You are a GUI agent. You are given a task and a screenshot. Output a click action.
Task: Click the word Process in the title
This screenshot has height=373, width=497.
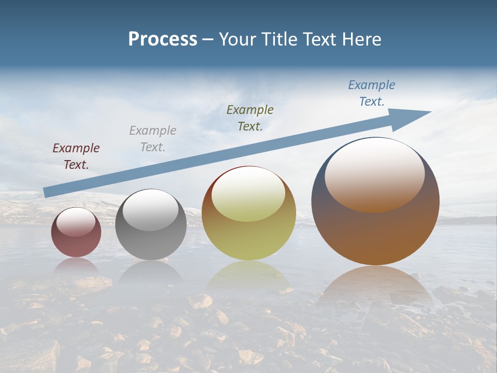pyautogui.click(x=163, y=39)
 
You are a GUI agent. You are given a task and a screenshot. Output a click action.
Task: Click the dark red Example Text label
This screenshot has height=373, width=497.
pyautogui.click(x=76, y=156)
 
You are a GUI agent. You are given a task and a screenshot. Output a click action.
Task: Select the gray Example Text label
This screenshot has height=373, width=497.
pyautogui.click(x=153, y=138)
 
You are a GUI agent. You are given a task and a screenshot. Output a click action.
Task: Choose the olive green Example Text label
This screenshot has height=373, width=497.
pyautogui.click(x=250, y=118)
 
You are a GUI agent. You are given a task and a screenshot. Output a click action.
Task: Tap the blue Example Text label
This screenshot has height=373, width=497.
pyautogui.click(x=372, y=93)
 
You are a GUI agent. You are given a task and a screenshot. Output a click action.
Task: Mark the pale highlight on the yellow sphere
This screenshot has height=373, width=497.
pyautogui.click(x=248, y=194)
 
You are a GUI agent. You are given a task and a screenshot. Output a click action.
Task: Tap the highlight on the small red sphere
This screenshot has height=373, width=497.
pyautogui.click(x=76, y=222)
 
